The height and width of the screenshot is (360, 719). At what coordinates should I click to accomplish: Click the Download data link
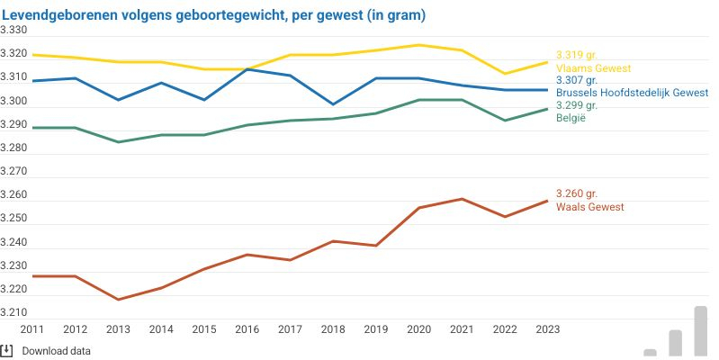click(x=57, y=351)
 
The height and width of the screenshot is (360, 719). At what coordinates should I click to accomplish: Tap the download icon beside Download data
click(x=7, y=350)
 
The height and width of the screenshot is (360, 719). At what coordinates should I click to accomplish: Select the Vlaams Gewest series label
click(x=593, y=68)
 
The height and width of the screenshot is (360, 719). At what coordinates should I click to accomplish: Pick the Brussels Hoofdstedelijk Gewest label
click(x=632, y=93)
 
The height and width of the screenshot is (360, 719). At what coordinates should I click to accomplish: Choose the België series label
click(x=571, y=118)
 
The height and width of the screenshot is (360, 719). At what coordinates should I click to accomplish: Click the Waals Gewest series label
click(x=590, y=207)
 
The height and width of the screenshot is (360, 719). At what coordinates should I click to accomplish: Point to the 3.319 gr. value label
click(x=577, y=56)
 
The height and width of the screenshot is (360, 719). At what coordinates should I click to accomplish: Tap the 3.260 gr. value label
click(x=577, y=194)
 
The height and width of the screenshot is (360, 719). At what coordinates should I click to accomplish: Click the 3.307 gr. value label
click(x=577, y=80)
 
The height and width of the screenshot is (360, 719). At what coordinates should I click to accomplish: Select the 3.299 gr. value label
click(x=577, y=105)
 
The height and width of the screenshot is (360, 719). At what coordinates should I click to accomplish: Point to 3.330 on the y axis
click(x=14, y=31)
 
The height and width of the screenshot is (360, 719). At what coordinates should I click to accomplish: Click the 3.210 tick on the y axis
click(x=14, y=313)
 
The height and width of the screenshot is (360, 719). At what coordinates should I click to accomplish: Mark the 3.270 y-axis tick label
click(x=14, y=172)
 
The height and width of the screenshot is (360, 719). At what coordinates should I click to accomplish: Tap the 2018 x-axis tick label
click(x=333, y=330)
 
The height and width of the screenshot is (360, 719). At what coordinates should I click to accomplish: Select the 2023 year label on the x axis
click(x=547, y=330)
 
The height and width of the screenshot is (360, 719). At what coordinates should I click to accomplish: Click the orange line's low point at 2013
click(x=118, y=300)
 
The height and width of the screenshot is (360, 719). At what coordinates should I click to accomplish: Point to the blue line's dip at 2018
click(x=333, y=104)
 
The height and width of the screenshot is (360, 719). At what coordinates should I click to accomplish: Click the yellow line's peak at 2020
click(x=418, y=45)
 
